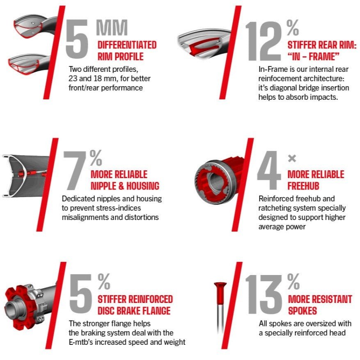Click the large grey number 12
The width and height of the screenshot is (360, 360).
264,41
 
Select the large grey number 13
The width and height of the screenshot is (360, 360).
264,295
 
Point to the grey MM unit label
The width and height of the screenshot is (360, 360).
112,28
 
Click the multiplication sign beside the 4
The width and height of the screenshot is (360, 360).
292,158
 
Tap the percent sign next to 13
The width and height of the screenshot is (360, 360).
293,282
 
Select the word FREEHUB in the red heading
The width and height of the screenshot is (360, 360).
303,186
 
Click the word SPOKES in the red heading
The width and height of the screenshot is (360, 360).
303,311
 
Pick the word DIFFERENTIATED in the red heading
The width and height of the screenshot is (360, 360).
127,45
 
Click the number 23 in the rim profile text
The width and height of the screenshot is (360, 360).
73,78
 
